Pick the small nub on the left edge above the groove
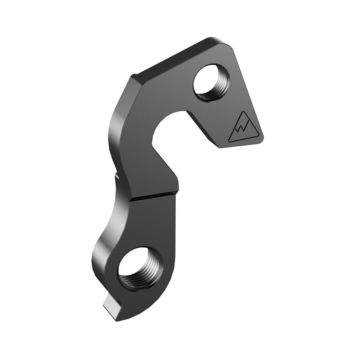pyautogui.click(x=117, y=176)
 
